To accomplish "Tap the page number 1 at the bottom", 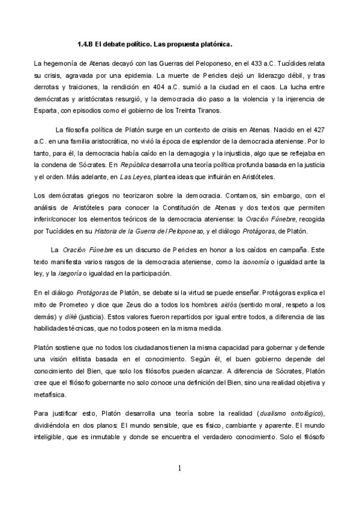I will tap(179, 468).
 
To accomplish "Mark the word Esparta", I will tap(47, 111).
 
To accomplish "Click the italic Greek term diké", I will tap(67, 316).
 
